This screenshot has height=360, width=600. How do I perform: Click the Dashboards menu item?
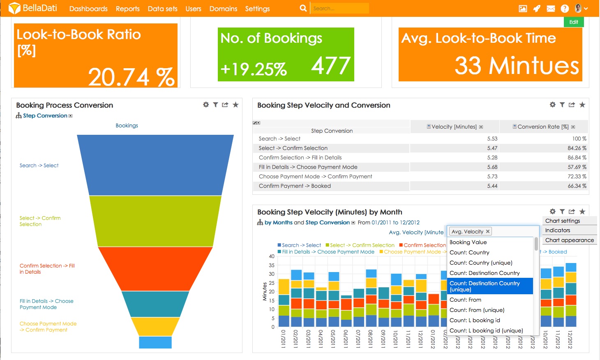click(88, 9)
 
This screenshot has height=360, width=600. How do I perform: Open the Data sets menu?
click(162, 9)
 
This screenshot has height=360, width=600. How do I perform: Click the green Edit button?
click(574, 22)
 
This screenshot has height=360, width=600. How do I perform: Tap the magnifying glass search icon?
click(303, 8)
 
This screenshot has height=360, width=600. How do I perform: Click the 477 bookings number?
click(330, 66)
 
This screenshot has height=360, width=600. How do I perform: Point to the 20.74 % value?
click(131, 77)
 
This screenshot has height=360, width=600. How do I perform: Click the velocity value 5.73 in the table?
click(492, 176)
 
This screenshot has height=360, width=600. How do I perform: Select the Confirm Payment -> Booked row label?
click(295, 186)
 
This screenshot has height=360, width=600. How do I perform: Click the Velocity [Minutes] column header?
click(454, 127)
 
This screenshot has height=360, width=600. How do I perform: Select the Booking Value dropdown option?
click(468, 242)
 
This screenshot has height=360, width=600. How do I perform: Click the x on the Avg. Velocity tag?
click(488, 231)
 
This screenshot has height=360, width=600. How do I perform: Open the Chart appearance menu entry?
click(569, 240)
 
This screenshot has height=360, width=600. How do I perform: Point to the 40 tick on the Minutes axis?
click(272, 256)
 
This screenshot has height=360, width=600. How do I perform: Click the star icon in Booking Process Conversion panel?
click(235, 105)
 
